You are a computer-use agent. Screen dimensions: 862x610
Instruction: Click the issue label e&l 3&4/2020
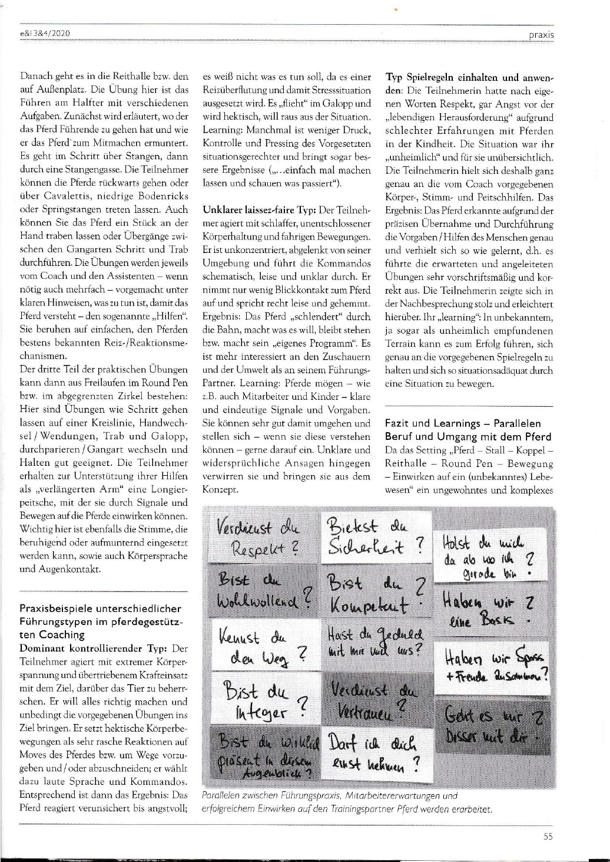coord(45,34)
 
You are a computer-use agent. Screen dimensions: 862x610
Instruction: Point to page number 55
coord(548,835)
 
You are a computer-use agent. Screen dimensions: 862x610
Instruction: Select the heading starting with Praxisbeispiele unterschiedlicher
coord(101,621)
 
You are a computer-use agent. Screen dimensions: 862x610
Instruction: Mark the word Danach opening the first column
coord(36,77)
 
